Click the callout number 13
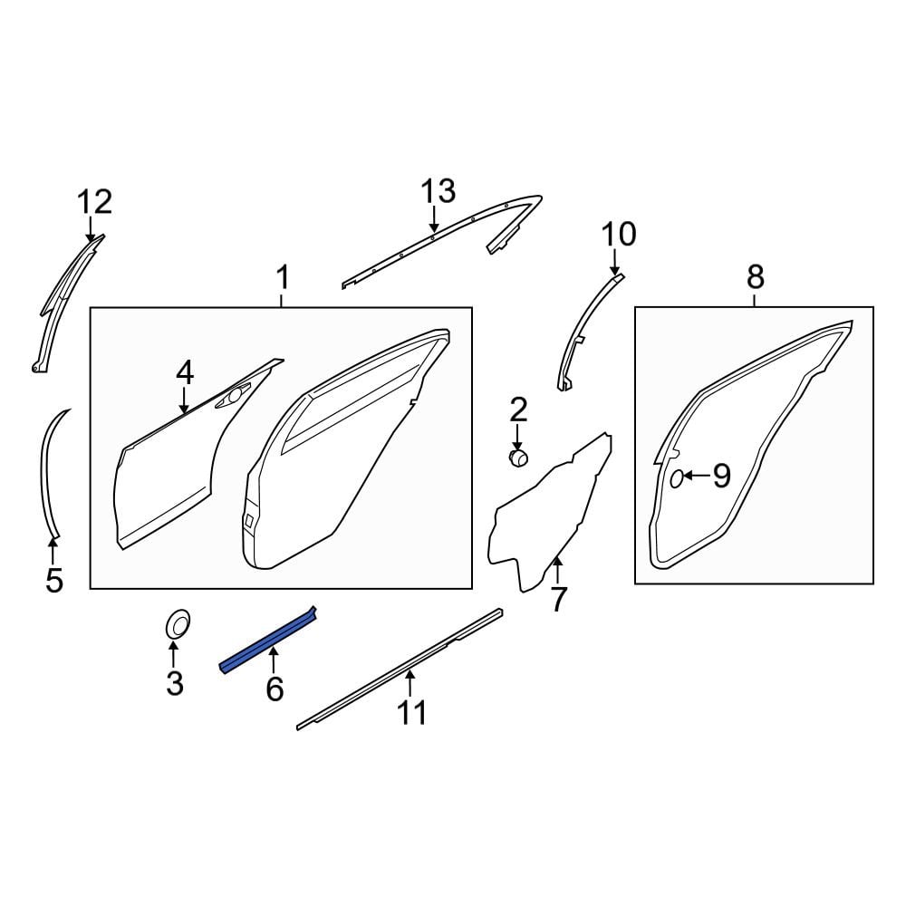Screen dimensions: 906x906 [x=438, y=191]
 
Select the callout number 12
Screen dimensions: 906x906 [x=95, y=203]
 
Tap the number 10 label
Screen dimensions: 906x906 [x=619, y=235]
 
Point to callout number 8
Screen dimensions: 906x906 [x=756, y=277]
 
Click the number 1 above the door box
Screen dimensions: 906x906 [x=283, y=278]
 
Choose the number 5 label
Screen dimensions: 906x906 [x=53, y=580]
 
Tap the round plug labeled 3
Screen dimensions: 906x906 [x=178, y=624]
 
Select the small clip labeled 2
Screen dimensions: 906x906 [x=518, y=458]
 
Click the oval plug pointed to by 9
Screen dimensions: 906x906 [x=677, y=479]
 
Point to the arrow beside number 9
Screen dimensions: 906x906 [x=697, y=476]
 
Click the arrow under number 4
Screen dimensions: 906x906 [x=184, y=400]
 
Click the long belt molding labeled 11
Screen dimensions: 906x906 [x=400, y=669]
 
